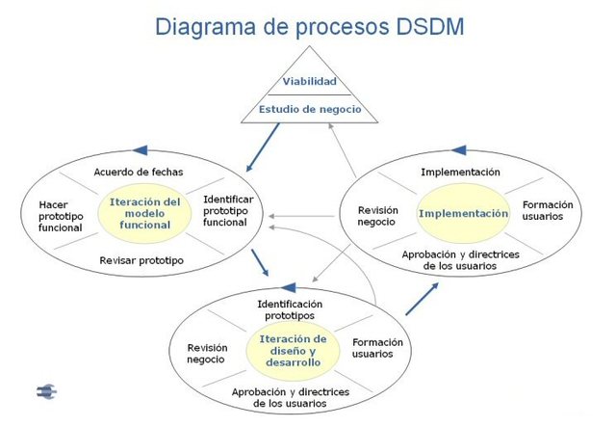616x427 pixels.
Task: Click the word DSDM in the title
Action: [418, 26]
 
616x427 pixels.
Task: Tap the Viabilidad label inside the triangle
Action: [309, 82]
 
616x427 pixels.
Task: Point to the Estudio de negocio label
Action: [309, 109]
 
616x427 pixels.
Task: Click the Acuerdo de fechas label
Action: [138, 172]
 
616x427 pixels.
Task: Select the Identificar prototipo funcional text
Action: [228, 210]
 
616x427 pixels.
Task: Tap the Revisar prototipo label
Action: [141, 260]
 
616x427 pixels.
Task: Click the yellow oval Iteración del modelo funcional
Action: [145, 213]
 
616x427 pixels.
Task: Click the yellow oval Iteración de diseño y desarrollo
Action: [294, 351]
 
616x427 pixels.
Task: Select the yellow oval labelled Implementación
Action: [462, 213]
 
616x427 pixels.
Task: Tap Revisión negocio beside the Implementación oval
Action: [377, 215]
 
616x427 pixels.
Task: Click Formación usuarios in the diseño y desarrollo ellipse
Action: [377, 348]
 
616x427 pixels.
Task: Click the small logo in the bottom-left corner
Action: [46, 391]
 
